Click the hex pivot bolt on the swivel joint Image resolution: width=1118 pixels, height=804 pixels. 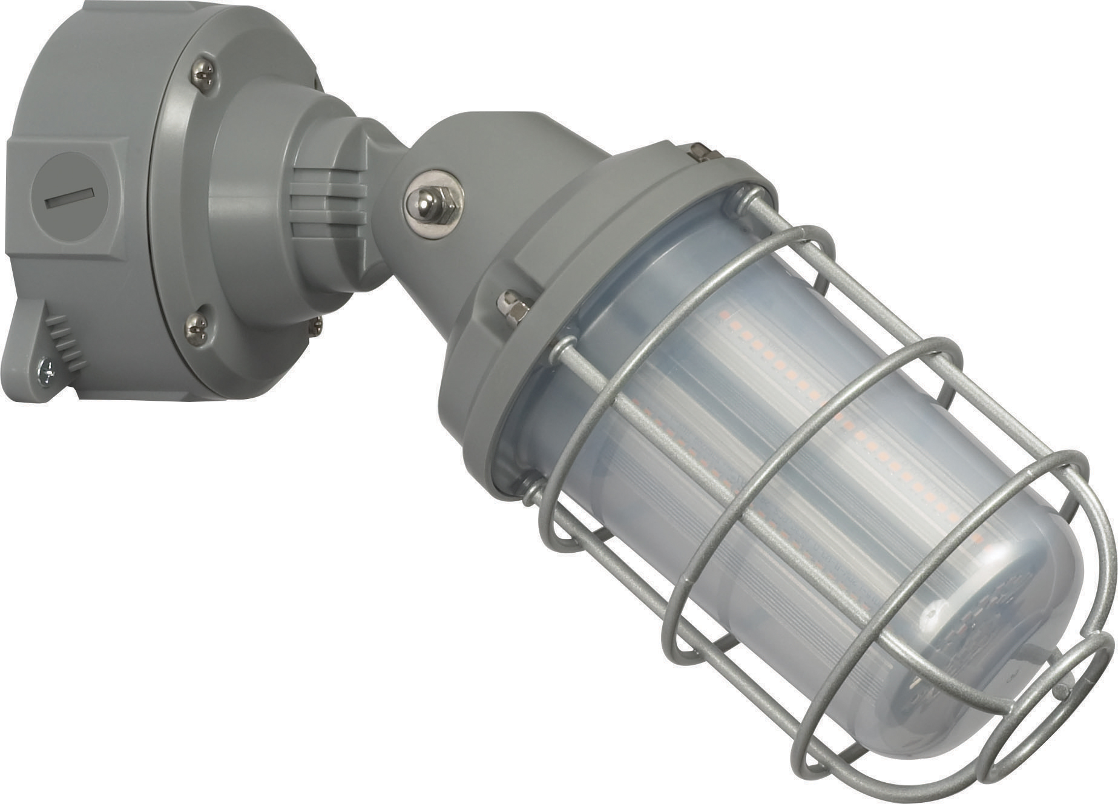point(432,203)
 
